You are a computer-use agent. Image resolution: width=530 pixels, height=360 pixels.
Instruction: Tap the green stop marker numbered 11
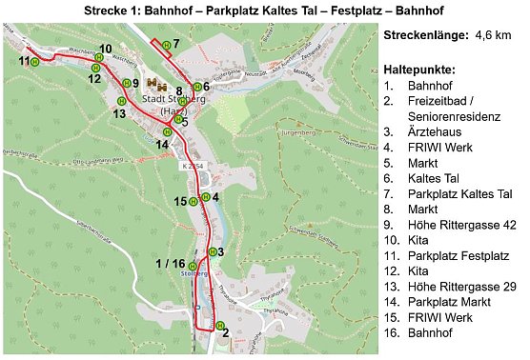pyautogui.click(x=35, y=62)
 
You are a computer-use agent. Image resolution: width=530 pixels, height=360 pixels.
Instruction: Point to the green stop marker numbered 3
pyautogui.click(x=211, y=252)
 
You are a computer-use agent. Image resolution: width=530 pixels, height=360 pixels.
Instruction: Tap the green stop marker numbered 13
pyautogui.click(x=121, y=101)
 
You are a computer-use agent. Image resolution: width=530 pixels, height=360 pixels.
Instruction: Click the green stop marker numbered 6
pyautogui.click(x=195, y=87)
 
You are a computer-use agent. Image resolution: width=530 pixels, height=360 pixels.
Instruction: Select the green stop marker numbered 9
pyautogui.click(x=123, y=84)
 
